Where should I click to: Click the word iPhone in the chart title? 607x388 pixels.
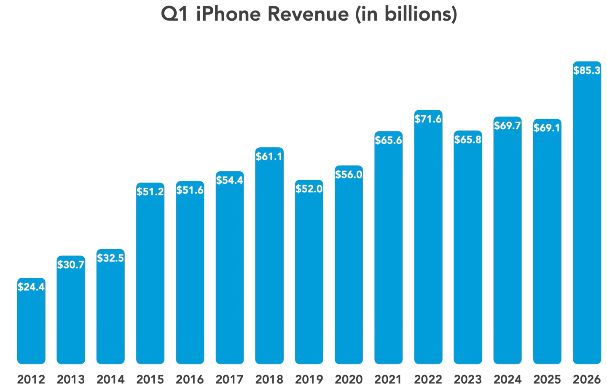(x=229, y=14)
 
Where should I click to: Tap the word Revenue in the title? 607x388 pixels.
(x=308, y=14)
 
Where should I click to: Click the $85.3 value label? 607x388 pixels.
(x=587, y=70)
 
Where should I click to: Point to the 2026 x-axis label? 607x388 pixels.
(x=587, y=379)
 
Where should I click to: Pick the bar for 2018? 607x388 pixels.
(x=269, y=261)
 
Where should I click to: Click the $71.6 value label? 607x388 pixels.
(x=428, y=119)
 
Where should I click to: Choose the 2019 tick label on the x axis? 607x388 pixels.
(x=309, y=379)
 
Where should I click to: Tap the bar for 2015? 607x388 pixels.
(x=150, y=278)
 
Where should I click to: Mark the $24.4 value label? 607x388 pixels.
(x=31, y=287)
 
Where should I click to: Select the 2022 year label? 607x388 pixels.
(x=428, y=379)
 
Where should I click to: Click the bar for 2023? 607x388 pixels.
(x=468, y=252)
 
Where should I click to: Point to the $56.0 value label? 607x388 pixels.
(x=349, y=174)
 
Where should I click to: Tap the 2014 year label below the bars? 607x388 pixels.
(x=110, y=379)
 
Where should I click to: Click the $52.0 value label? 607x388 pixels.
(x=309, y=189)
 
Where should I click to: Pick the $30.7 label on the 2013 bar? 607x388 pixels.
(x=71, y=265)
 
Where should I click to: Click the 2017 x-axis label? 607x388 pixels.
(x=230, y=379)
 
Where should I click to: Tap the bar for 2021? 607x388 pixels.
(x=388, y=252)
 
